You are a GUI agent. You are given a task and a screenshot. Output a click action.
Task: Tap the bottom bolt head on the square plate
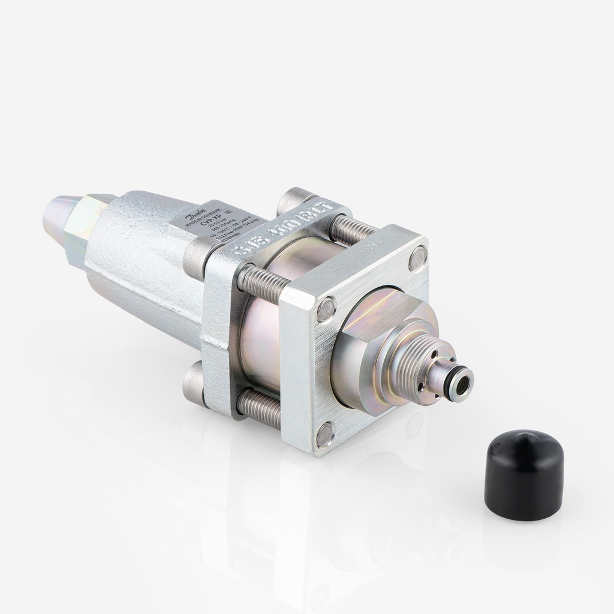click(325, 433)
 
